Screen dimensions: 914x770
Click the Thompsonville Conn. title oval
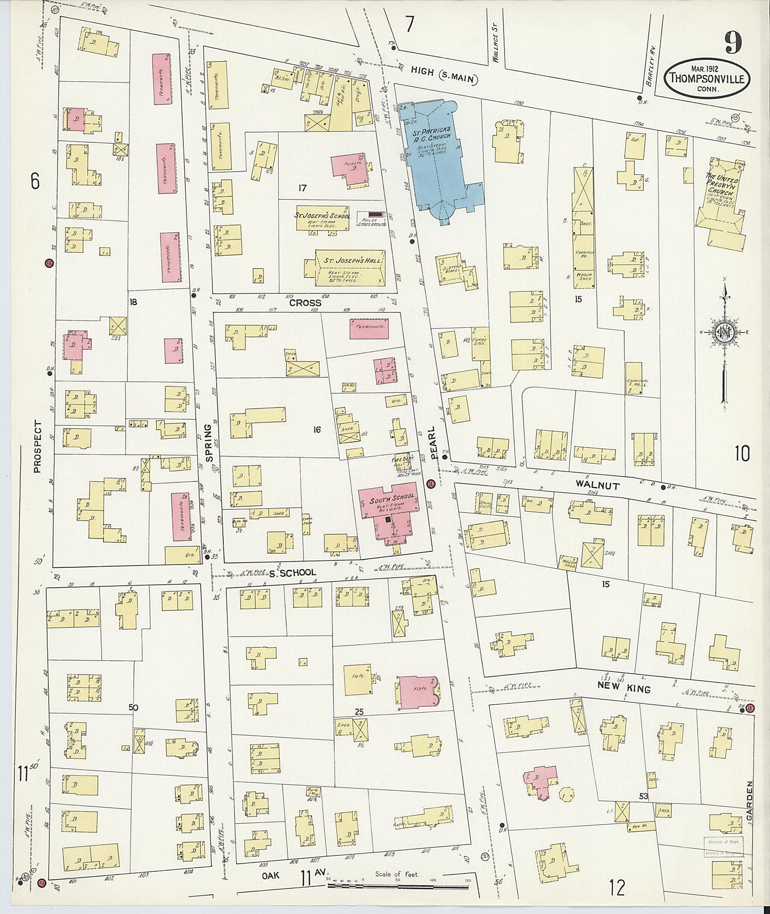point(707,78)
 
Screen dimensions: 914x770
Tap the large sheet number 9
point(733,42)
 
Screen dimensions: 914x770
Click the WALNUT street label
point(597,485)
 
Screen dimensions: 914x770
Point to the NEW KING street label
point(623,689)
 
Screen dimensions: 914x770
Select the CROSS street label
point(305,303)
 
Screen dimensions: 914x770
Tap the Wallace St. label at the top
point(495,50)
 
